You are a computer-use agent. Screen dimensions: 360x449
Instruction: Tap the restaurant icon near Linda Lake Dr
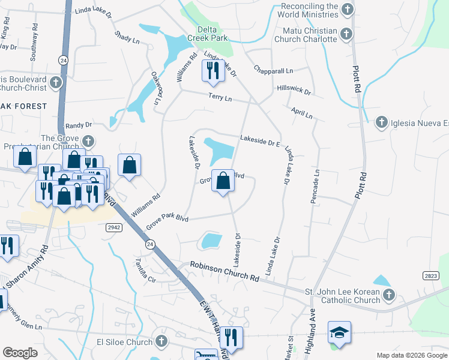coord(213,71)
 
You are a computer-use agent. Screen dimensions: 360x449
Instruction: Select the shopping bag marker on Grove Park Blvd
coord(223,181)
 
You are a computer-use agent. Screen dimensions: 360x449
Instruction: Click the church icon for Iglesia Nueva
coord(381,123)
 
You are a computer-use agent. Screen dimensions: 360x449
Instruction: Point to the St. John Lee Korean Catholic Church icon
coord(389,295)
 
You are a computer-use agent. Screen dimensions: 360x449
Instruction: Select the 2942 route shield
coord(115,227)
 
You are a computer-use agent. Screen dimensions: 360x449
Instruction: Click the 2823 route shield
coord(430,275)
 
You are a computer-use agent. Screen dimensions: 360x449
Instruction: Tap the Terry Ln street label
coord(220,98)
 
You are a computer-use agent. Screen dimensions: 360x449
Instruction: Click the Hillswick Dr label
coord(294,92)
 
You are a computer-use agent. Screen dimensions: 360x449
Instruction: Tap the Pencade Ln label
coord(314,187)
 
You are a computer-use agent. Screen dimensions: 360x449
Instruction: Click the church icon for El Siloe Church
coord(161,341)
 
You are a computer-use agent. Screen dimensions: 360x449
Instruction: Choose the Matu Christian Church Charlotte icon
coord(346,34)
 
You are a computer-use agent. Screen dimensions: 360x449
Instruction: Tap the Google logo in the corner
coord(20,353)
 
